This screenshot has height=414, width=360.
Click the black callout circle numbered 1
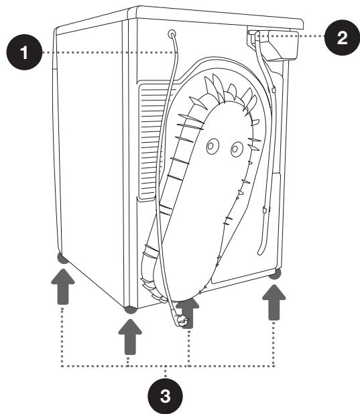24,52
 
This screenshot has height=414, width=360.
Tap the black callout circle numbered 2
342,38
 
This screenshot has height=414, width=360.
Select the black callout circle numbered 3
165,396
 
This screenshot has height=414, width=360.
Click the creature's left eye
213,145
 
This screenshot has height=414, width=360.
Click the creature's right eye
237,149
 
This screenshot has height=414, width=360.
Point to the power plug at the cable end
182,321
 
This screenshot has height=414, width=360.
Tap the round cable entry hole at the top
172,33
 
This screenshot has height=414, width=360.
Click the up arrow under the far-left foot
62,287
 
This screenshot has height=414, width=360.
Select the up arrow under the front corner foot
130,337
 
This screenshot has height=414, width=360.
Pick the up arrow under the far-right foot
274,302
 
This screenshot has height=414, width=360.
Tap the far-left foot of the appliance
62,258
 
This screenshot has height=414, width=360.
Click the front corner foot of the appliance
130,309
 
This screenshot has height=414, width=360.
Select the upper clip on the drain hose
274,90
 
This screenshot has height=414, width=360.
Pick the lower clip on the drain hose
265,210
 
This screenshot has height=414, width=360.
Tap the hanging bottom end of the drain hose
261,251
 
